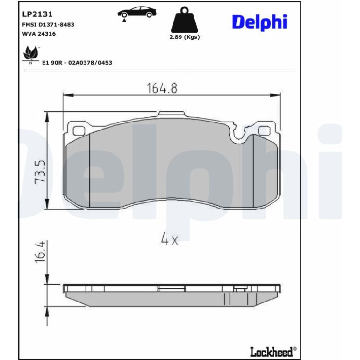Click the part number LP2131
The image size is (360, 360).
[37, 14]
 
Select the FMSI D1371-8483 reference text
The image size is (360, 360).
[48, 25]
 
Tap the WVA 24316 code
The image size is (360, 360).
[39, 34]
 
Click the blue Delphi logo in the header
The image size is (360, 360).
[259, 22]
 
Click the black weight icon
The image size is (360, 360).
[184, 20]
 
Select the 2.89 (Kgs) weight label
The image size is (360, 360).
[185, 37]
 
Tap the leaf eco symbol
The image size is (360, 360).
[30, 53]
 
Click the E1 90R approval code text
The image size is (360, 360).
[77, 63]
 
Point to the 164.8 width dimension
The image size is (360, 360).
[162, 88]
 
